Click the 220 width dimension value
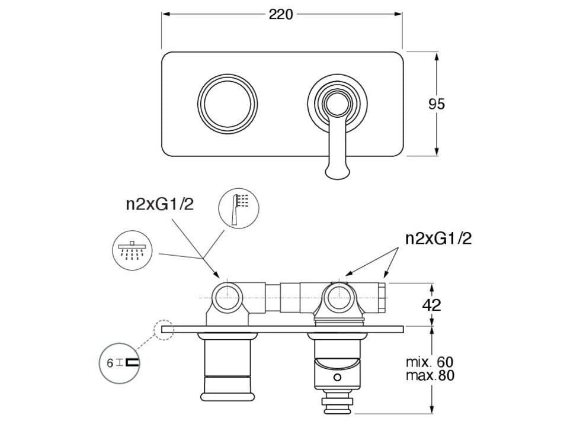(281, 14)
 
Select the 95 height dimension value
(437, 104)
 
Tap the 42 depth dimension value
(432, 305)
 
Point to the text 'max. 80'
(430, 375)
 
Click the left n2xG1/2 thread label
(160, 204)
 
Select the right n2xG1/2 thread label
(438, 239)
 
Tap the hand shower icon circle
(239, 208)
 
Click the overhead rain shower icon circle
(132, 250)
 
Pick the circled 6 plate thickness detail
(119, 363)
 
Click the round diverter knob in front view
(228, 104)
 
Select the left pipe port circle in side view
(227, 298)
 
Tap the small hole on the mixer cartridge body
(337, 378)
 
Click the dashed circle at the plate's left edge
(164, 330)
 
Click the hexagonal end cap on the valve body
(383, 297)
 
